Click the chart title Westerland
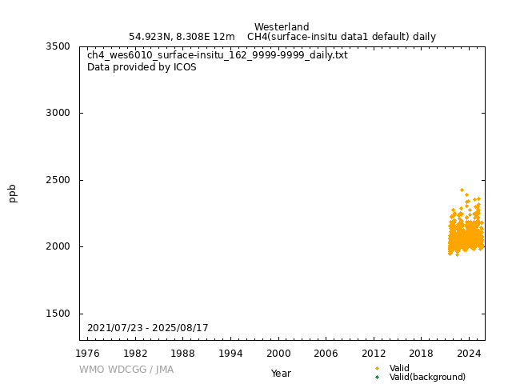(x=282, y=27)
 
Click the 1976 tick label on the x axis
(x=88, y=353)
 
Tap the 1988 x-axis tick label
(x=183, y=353)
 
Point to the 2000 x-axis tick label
(x=278, y=353)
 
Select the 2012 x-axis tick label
(x=374, y=353)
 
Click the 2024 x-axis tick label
(x=469, y=353)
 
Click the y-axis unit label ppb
(x=13, y=193)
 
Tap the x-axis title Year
(x=281, y=374)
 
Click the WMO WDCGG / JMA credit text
(x=126, y=370)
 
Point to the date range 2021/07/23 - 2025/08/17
(x=148, y=328)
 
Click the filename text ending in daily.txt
(x=217, y=55)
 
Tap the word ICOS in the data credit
(x=185, y=67)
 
